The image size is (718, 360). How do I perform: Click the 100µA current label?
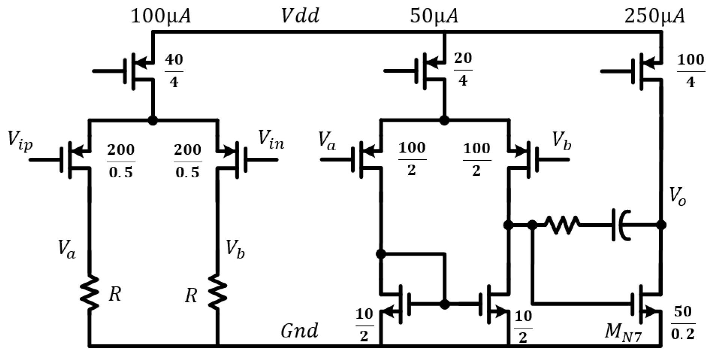click(x=161, y=17)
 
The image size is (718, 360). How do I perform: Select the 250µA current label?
click(x=654, y=17)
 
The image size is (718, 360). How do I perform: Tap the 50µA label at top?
click(x=434, y=17)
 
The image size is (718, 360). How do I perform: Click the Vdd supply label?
click(x=300, y=16)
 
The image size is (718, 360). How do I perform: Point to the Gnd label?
click(x=299, y=331)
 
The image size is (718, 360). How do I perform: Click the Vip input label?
click(x=20, y=142)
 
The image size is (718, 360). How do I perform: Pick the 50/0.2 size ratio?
click(x=683, y=322)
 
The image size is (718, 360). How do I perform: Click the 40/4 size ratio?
click(x=174, y=71)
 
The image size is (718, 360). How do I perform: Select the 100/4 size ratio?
click(x=691, y=71)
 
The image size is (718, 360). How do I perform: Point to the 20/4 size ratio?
click(x=463, y=70)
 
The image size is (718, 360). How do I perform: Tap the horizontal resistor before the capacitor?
click(x=562, y=225)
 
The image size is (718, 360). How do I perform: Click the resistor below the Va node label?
click(x=89, y=293)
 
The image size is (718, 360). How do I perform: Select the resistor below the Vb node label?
click(x=218, y=293)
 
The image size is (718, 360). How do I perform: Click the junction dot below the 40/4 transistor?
click(x=152, y=120)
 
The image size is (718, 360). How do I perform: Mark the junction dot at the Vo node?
click(x=661, y=225)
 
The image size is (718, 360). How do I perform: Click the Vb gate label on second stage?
click(x=561, y=142)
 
